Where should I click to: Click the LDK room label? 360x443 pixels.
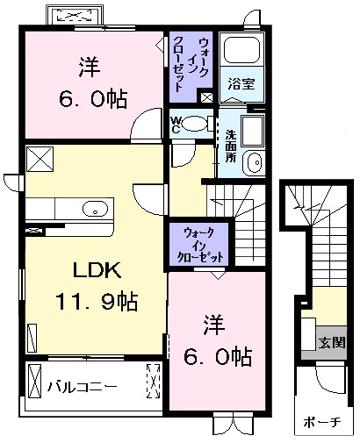(x=97, y=269)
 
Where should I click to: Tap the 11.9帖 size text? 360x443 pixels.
(x=97, y=302)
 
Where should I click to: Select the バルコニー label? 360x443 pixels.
(x=83, y=387)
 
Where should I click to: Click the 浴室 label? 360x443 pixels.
(x=241, y=84)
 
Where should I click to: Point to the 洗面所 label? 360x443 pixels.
(x=231, y=146)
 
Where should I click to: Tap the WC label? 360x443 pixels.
(x=176, y=125)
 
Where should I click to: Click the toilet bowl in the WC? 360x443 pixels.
(x=194, y=124)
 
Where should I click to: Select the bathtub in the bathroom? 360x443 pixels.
(x=242, y=49)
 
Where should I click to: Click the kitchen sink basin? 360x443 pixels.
(x=95, y=209)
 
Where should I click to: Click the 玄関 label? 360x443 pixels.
(x=332, y=342)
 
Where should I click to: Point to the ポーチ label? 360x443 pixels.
(x=322, y=422)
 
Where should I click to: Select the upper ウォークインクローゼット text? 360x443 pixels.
(x=191, y=64)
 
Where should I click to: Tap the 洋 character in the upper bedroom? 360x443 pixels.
(x=90, y=67)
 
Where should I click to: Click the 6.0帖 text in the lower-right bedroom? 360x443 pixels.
(x=218, y=356)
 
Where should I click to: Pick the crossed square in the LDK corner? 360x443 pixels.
(x=40, y=159)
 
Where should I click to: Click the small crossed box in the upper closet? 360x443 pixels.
(x=207, y=97)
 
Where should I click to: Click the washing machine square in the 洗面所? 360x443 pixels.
(x=253, y=131)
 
